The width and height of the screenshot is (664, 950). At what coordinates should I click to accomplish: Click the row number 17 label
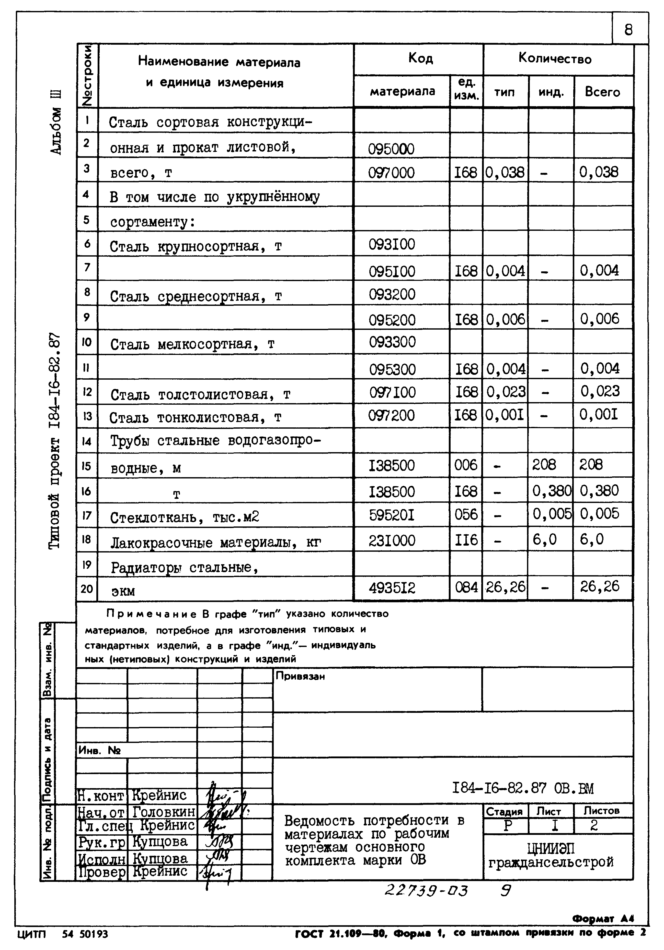pos(87,515)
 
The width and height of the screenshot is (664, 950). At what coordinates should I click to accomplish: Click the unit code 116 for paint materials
pos(466,539)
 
